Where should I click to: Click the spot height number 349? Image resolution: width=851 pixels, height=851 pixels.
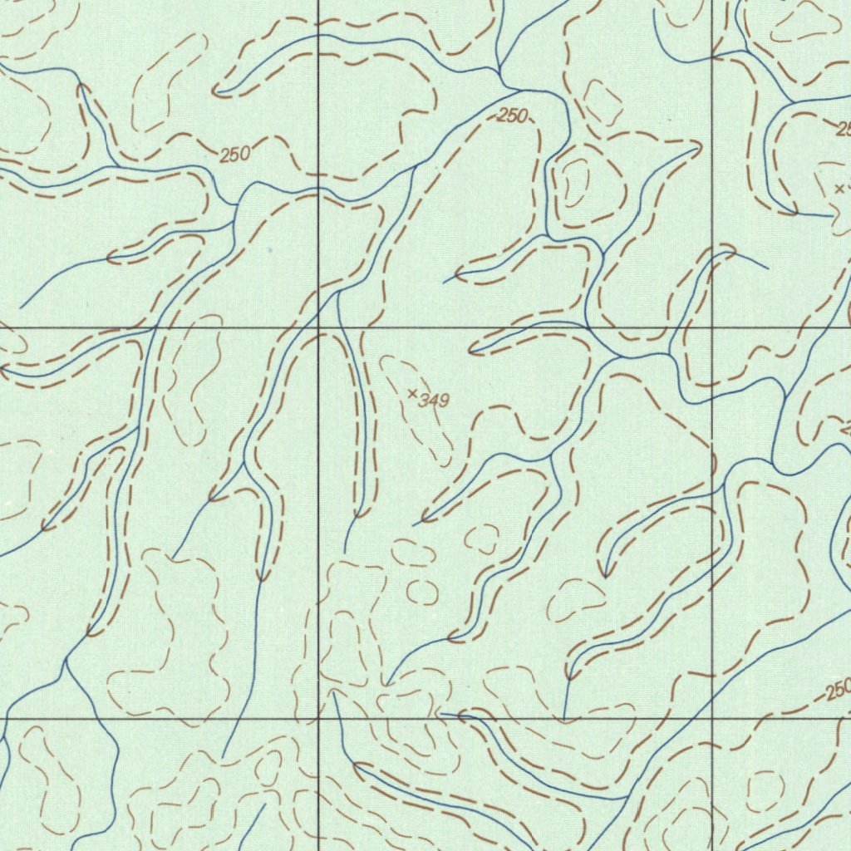pyautogui.click(x=434, y=401)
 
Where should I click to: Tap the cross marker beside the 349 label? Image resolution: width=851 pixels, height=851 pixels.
pyautogui.click(x=413, y=393)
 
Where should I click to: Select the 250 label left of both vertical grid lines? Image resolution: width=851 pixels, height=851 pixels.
pyautogui.click(x=235, y=155)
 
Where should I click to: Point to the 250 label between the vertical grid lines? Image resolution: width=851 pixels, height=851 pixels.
pyautogui.click(x=512, y=116)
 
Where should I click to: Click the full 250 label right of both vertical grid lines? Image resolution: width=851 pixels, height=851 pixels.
pyautogui.click(x=839, y=690)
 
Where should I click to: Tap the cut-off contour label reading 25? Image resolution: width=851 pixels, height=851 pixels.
pyautogui.click(x=843, y=129)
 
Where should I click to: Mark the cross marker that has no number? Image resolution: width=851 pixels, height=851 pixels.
pyautogui.click(x=839, y=189)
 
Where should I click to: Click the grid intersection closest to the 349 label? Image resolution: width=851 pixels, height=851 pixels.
pyautogui.click(x=318, y=328)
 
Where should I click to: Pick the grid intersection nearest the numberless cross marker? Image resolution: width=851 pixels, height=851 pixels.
pyautogui.click(x=713, y=328)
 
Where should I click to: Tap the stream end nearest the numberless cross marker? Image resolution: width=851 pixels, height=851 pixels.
pyautogui.click(x=831, y=215)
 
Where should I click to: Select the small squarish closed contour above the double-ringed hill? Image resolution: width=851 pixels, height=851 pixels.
pyautogui.click(x=603, y=101)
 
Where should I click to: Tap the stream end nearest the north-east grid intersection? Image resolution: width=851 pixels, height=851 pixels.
pyautogui.click(x=767, y=268)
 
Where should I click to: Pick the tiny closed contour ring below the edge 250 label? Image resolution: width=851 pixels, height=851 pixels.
pyautogui.click(x=765, y=790)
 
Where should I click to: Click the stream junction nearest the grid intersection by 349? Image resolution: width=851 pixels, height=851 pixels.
pyautogui.click(x=339, y=293)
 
